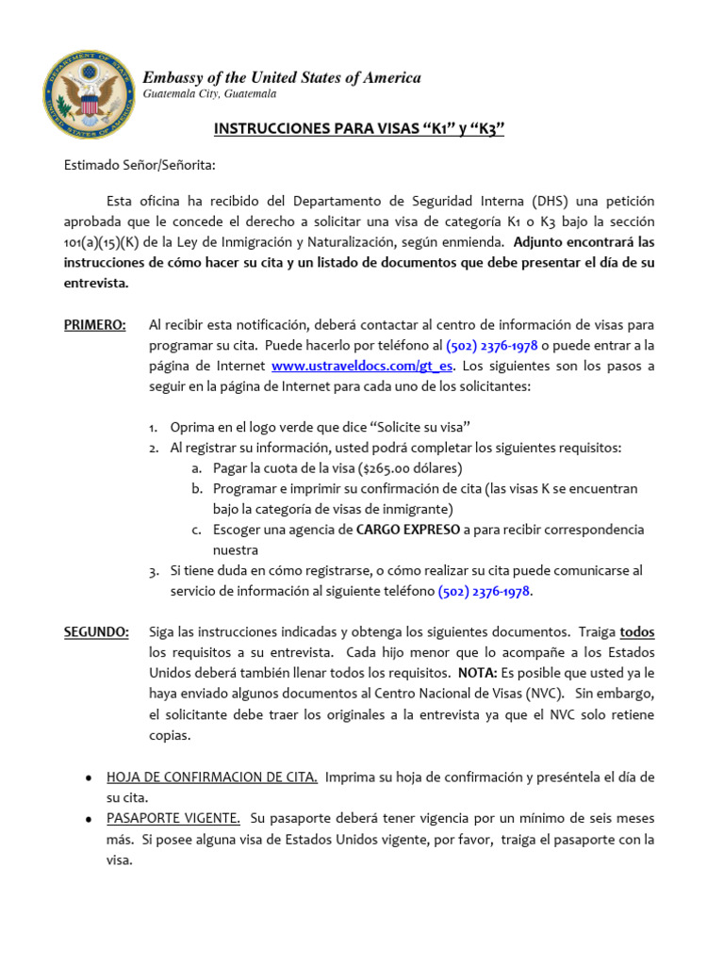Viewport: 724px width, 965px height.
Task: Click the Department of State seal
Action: pos(88,94)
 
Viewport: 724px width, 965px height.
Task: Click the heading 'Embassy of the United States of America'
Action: pos(281,78)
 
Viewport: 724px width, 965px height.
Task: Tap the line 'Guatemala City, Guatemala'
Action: pos(209,95)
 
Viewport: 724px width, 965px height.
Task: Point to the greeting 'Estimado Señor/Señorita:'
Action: pos(140,166)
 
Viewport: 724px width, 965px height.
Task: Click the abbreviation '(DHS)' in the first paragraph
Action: pos(550,202)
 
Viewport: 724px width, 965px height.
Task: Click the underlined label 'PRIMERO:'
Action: pos(94,325)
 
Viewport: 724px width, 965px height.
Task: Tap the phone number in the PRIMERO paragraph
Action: pos(491,346)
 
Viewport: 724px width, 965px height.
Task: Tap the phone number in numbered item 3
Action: pos(485,592)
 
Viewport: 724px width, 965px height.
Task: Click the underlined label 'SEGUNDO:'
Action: pos(96,632)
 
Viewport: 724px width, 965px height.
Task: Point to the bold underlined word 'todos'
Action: pos(636,632)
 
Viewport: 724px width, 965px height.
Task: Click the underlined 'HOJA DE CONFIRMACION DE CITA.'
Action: pos(212,777)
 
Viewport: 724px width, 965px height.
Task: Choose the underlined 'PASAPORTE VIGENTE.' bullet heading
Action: pos(173,819)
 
